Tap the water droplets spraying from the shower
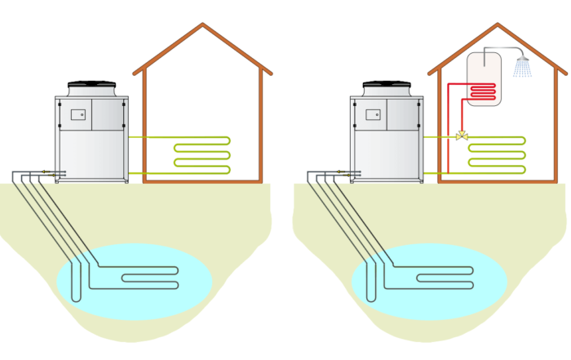tap(522, 69)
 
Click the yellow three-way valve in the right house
tap(462, 136)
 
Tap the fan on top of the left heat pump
tap(92, 85)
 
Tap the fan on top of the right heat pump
tap(387, 85)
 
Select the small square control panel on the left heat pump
tap(78, 114)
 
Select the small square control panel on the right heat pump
tap(374, 114)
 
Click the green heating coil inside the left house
tap(201, 155)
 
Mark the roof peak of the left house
tap(201, 26)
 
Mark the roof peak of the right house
tap(497, 26)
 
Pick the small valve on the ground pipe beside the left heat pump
tap(51, 173)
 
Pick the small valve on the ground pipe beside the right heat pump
tap(347, 173)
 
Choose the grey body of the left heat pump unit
tap(91, 147)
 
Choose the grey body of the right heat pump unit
tap(387, 147)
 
